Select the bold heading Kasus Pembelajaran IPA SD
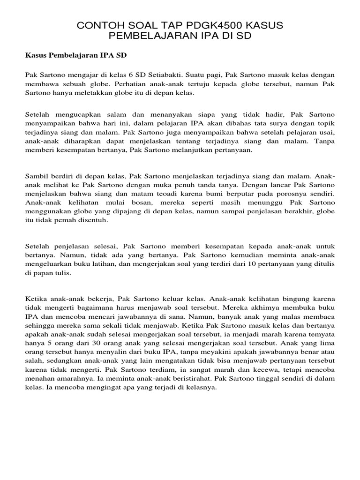coord(75,55)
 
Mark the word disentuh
coord(96,221)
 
